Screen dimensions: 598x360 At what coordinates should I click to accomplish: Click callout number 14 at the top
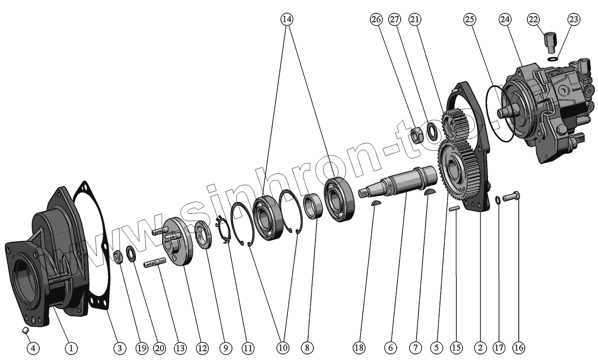click(x=287, y=19)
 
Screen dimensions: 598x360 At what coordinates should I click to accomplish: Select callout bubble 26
click(x=376, y=19)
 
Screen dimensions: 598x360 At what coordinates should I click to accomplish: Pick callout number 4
click(x=33, y=347)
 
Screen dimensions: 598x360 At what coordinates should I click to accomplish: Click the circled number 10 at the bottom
click(x=283, y=347)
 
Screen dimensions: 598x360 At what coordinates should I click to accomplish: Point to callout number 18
click(x=359, y=347)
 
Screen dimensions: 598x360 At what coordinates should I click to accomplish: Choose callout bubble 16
click(x=518, y=347)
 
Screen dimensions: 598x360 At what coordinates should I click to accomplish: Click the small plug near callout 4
click(x=25, y=331)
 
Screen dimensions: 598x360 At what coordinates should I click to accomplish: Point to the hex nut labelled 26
click(x=417, y=134)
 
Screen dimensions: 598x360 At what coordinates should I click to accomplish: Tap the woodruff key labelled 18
click(x=376, y=203)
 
